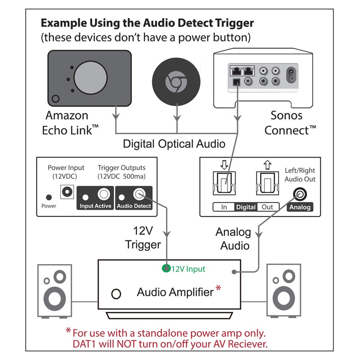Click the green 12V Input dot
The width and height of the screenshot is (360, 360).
pyautogui.click(x=166, y=269)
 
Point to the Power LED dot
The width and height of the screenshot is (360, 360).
pyautogui.click(x=49, y=197)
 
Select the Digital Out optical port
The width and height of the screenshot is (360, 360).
pyautogui.click(x=267, y=183)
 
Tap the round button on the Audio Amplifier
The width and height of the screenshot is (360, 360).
pyautogui.click(x=116, y=294)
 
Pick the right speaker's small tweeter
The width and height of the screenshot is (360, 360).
pyautogui.click(x=283, y=275)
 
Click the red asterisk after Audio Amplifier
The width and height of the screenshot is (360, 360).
pyautogui.click(x=219, y=288)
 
